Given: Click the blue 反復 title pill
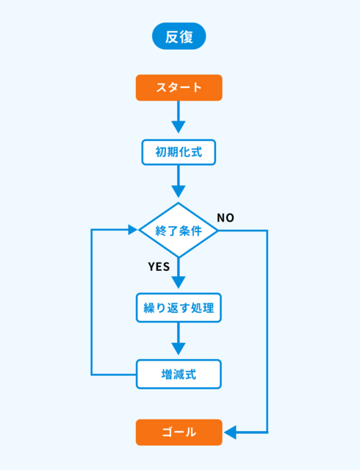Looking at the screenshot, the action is point(179,36).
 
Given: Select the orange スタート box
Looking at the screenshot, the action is point(179,87).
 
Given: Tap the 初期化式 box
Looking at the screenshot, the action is point(179,152).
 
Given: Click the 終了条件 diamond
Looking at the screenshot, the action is point(179,230).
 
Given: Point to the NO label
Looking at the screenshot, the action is point(226,218).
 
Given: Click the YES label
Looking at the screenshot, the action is point(159,267).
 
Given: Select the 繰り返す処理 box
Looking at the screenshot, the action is point(179,308).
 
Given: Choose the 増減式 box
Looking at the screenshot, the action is point(179,375).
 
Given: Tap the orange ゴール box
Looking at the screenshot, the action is point(179,433).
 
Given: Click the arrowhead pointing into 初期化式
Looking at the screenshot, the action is point(179,127).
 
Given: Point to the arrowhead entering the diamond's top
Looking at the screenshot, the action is point(179,192).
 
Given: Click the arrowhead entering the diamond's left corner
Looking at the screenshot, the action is point(132,230).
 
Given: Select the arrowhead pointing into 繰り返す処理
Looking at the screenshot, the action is point(179,282).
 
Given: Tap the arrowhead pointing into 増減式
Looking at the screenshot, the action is point(179,349).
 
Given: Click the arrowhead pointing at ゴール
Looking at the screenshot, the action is point(230,433).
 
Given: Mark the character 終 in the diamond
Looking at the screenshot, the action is point(161,231).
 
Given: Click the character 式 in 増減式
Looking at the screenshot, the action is point(190,375).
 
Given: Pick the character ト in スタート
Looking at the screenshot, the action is point(197,87).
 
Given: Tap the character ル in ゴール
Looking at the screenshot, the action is point(191,433).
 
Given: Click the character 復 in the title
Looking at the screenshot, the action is point(187,37).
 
